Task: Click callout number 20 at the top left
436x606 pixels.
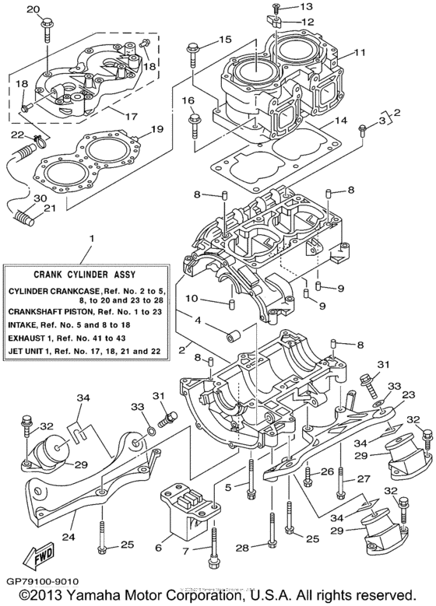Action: click(32, 9)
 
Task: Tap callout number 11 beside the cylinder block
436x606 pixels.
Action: click(360, 53)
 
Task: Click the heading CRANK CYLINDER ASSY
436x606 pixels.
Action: click(90, 274)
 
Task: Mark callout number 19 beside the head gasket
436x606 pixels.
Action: click(156, 129)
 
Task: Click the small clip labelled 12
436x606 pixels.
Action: click(276, 21)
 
